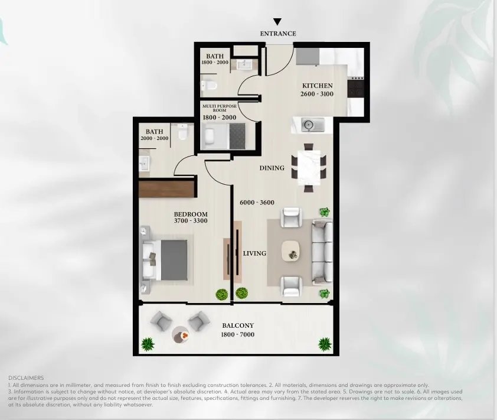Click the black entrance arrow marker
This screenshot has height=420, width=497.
(x=277, y=22)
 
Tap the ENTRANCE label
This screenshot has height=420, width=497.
(x=278, y=34)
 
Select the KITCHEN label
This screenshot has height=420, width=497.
(x=318, y=86)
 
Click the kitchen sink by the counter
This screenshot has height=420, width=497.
(x=312, y=125)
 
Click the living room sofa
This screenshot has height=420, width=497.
(x=322, y=252)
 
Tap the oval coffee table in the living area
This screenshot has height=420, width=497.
(x=290, y=251)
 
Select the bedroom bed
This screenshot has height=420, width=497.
(x=165, y=260)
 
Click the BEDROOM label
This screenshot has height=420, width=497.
(x=191, y=214)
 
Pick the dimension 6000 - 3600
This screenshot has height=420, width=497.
(x=257, y=203)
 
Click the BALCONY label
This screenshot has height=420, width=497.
(x=238, y=325)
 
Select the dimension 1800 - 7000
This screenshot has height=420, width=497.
(x=238, y=334)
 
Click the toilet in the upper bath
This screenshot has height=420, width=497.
(x=209, y=85)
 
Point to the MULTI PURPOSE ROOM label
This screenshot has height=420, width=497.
(x=220, y=108)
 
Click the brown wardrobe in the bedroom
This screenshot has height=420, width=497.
(x=166, y=189)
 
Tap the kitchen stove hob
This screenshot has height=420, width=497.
(x=355, y=88)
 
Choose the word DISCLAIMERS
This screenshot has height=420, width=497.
(x=26, y=378)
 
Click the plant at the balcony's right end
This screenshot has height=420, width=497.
(x=325, y=344)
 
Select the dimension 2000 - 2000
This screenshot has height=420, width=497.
(x=155, y=138)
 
